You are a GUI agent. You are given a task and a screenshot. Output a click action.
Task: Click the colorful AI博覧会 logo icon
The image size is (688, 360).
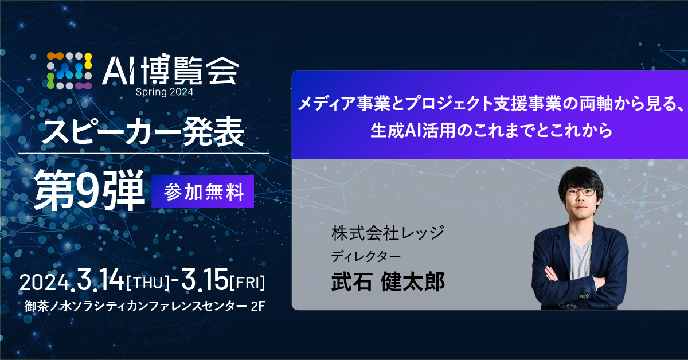click(x=69, y=71)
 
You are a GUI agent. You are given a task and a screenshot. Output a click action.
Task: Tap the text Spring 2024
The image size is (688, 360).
click(x=165, y=92)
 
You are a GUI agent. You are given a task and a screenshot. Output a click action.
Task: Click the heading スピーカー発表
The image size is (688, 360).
click(x=143, y=132)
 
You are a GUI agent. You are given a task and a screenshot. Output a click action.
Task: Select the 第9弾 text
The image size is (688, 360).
click(x=89, y=190)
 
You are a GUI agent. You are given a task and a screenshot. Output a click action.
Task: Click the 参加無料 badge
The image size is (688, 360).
click(x=203, y=191)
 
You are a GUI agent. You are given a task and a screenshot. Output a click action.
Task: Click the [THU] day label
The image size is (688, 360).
click(x=148, y=283)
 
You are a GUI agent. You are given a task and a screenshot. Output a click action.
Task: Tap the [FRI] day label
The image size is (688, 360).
click(x=247, y=283)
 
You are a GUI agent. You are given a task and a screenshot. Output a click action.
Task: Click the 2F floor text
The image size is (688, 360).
click(x=258, y=306)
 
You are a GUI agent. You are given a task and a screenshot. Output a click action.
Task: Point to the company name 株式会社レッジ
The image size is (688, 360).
click(x=388, y=233)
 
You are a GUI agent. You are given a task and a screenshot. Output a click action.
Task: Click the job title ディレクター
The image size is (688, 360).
click(x=366, y=256)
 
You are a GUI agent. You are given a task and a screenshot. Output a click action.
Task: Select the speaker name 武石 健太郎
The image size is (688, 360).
click(x=388, y=281)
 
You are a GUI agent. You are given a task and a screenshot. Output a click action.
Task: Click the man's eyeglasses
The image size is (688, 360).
click(x=580, y=191)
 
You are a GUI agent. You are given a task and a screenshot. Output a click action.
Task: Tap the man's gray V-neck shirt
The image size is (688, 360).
click(x=580, y=258)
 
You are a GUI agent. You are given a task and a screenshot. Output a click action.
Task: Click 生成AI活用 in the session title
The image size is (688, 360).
click(x=413, y=131)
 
